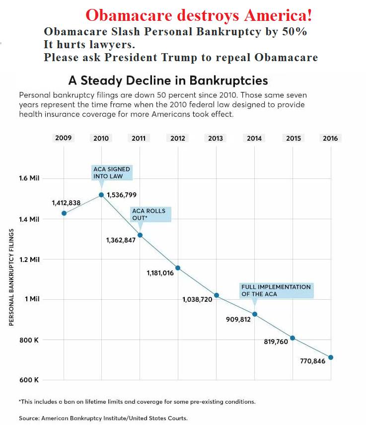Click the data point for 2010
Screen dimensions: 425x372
pyautogui.click(x=101, y=195)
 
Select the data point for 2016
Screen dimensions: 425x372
pyautogui.click(x=331, y=357)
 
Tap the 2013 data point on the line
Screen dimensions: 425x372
pyautogui.click(x=217, y=295)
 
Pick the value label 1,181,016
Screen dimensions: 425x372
pyautogui.click(x=160, y=273)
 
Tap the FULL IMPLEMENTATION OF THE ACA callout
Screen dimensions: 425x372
pyautogui.click(x=276, y=290)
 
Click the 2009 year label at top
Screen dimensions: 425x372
pyautogui.click(x=64, y=138)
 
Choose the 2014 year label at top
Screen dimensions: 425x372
pyautogui.click(x=254, y=138)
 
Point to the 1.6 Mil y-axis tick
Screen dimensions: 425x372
pyautogui.click(x=30, y=178)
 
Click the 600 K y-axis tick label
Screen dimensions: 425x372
pyautogui.click(x=29, y=380)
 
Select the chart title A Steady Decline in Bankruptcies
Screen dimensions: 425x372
pyautogui.click(x=168, y=81)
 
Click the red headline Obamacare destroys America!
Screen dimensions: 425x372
pyautogui.click(x=199, y=15)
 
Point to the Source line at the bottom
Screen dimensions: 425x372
pyautogui.click(x=103, y=418)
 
